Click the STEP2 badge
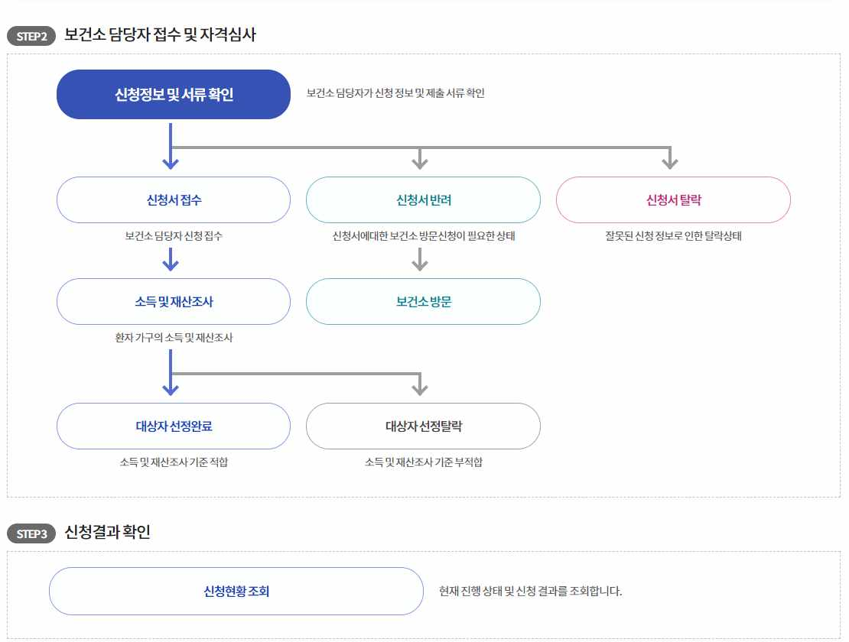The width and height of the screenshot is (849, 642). pos(31,37)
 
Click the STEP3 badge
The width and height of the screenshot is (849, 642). pos(31,533)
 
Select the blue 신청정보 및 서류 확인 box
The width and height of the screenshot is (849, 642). pos(174,95)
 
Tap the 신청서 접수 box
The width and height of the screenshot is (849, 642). pos(174,200)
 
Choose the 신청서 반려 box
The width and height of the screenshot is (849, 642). pos(423,200)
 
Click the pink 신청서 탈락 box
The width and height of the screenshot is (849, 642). pos(673,200)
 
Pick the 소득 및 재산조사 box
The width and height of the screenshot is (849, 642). pos(174,301)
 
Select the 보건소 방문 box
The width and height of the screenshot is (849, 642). pos(423,301)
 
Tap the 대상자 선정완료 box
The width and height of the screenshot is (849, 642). pos(174,426)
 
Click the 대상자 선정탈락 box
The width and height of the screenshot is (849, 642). pos(423,426)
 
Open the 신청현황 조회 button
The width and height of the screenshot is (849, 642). pos(236,591)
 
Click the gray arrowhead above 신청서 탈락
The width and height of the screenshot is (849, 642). pos(670,161)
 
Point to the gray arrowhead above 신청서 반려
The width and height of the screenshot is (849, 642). pos(419,161)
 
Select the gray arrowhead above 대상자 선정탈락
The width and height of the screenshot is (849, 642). pos(419,388)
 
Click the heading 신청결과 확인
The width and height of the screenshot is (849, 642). pos(108,532)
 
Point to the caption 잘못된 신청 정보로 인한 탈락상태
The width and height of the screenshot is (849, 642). pos(673,236)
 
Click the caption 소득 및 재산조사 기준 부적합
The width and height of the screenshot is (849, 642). pos(423,462)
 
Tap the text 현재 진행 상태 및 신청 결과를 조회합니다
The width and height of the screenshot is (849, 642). pos(531,591)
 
